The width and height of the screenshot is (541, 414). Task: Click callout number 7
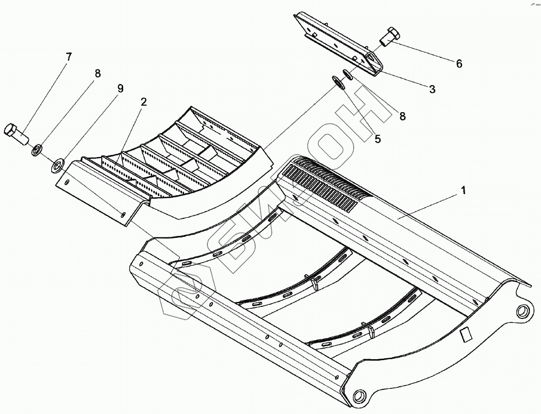(69, 57)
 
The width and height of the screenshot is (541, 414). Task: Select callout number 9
(120, 89)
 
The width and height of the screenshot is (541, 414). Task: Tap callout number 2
(144, 102)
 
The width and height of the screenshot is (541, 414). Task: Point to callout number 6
(459, 64)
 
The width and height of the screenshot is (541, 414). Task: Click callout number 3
(432, 90)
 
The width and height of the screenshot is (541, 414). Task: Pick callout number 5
(377, 139)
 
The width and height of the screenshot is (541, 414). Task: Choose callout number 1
(464, 191)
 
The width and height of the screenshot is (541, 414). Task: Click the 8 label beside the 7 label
(98, 73)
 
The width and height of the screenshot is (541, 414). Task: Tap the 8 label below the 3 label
(402, 116)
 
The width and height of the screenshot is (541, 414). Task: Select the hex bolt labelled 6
(390, 36)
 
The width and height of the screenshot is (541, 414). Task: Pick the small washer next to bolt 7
(37, 149)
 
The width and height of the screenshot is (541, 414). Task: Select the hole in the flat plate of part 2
(122, 215)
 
